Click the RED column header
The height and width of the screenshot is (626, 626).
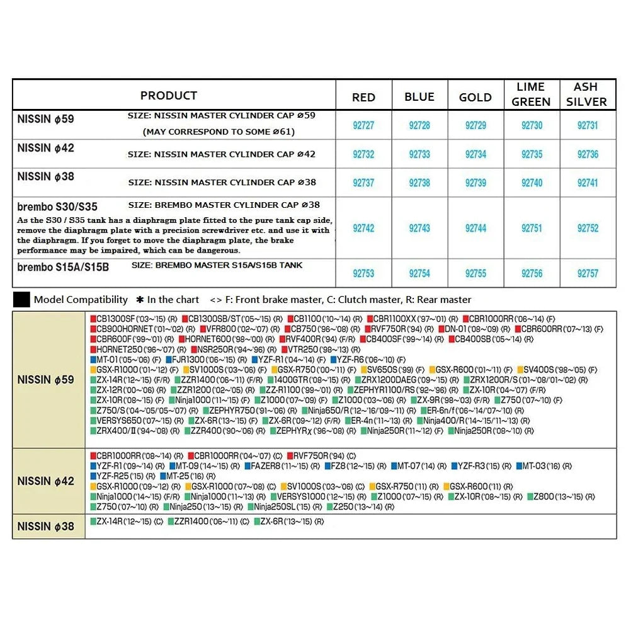pyautogui.click(x=363, y=97)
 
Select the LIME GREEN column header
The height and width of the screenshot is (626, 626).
pyautogui.click(x=531, y=94)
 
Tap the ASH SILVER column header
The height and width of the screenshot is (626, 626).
pyautogui.click(x=587, y=94)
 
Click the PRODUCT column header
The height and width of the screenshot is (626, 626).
pyautogui.click(x=169, y=96)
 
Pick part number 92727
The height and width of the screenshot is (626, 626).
pyautogui.click(x=363, y=125)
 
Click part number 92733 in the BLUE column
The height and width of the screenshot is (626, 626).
pyautogui.click(x=419, y=154)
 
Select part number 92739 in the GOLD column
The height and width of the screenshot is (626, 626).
pyautogui.click(x=475, y=183)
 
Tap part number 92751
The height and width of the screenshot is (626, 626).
pyautogui.click(x=532, y=228)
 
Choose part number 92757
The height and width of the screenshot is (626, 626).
pyautogui.click(x=588, y=273)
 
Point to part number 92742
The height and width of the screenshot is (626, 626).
pyautogui.click(x=363, y=228)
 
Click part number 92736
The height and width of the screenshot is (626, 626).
pyautogui.click(x=588, y=154)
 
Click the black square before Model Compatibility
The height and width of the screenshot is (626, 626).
pyautogui.click(x=21, y=300)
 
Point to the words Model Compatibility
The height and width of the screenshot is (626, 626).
pyautogui.click(x=81, y=300)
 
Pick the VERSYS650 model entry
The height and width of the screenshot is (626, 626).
pyautogui.click(x=122, y=420)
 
